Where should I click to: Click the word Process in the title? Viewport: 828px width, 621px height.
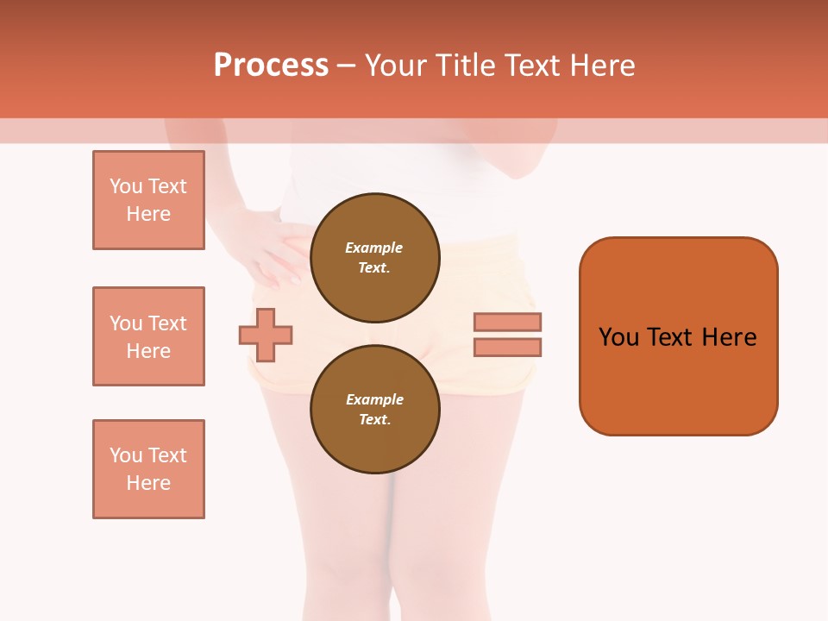pyautogui.click(x=271, y=66)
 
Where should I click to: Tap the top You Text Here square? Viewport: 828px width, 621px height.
pyautogui.click(x=148, y=200)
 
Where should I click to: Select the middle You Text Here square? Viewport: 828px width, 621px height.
pyautogui.click(x=148, y=336)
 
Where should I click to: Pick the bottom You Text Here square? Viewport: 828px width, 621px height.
pyautogui.click(x=148, y=469)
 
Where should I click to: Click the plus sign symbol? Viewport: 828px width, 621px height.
pyautogui.click(x=266, y=335)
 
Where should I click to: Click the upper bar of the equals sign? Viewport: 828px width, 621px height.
pyautogui.click(x=507, y=322)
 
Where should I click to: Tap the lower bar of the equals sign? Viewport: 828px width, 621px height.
pyautogui.click(x=507, y=347)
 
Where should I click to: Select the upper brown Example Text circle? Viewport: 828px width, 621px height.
pyautogui.click(x=374, y=257)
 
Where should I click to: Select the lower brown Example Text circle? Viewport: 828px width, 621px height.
pyautogui.click(x=374, y=409)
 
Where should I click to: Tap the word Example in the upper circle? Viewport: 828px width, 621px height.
pyautogui.click(x=373, y=248)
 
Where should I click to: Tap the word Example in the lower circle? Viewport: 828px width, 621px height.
pyautogui.click(x=374, y=399)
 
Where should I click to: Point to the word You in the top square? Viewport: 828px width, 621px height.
pyautogui.click(x=126, y=186)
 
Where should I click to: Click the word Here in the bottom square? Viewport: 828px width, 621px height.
pyautogui.click(x=148, y=483)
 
